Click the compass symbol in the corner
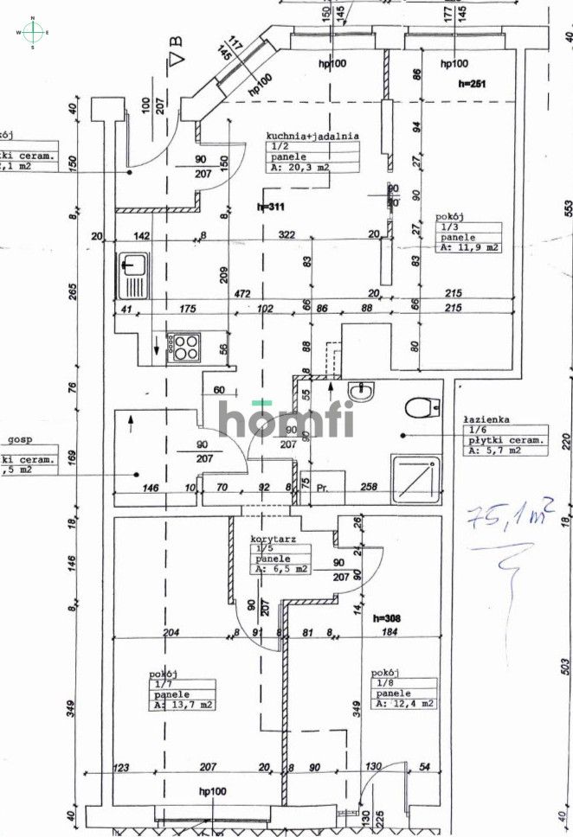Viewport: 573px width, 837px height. click(32, 32)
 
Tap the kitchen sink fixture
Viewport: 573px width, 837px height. click(135, 273)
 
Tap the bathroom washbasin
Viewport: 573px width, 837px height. click(363, 392)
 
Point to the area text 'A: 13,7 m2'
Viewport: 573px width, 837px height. click(183, 706)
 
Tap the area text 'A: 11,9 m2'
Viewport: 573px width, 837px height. click(468, 247)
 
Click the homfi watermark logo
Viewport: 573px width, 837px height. click(286, 418)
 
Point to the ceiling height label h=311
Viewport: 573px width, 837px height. click(273, 207)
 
